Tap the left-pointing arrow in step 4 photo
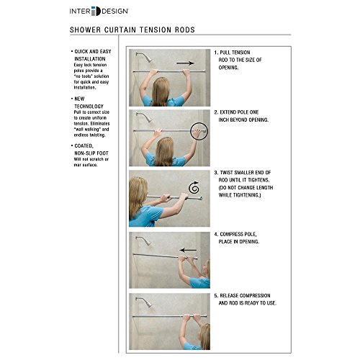click(188, 251)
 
